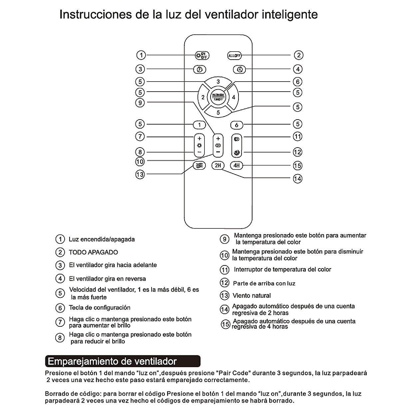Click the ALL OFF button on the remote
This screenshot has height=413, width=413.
[x=234, y=56]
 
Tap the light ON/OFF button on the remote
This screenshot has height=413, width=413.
[x=202, y=56]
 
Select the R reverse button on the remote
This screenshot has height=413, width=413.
[x=239, y=70]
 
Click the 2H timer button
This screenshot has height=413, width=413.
[x=218, y=166]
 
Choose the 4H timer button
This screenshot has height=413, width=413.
[x=236, y=166]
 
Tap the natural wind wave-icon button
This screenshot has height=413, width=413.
[x=199, y=166]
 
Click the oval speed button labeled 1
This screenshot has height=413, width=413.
[x=200, y=125]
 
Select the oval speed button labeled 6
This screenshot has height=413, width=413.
[x=236, y=125]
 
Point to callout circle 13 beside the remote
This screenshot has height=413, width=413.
[x=140, y=174]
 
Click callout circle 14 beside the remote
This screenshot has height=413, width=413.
[x=297, y=179]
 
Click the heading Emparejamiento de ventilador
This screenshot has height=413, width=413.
[x=113, y=361]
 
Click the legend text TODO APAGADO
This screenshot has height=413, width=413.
[x=93, y=252]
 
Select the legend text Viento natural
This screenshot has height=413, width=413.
[x=251, y=295]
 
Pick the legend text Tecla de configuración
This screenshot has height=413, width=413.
[x=100, y=308]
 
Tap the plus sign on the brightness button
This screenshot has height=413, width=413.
[x=199, y=138]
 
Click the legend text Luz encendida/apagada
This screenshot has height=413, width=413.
[x=102, y=239]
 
